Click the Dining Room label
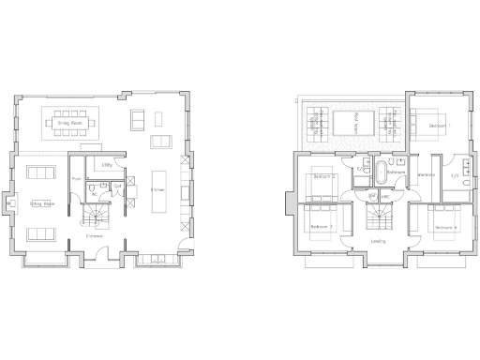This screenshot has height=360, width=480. click(x=71, y=123)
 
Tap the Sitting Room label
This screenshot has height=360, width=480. click(x=41, y=202)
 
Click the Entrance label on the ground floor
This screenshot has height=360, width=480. click(x=95, y=236)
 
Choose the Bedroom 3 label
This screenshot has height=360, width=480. click(x=322, y=227)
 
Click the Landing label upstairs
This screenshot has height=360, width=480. click(x=379, y=241)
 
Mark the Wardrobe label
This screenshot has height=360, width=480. click(x=424, y=175)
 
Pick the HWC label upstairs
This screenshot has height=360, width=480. click(x=385, y=196)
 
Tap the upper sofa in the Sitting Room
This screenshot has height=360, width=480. click(x=41, y=173)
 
